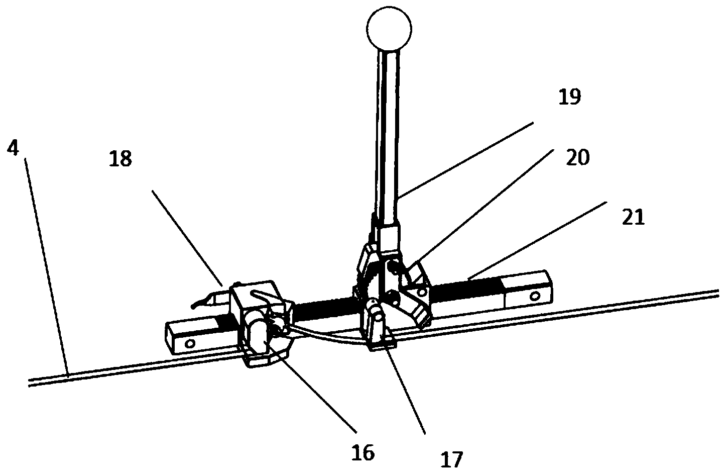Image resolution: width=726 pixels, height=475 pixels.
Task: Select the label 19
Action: pos(569,97)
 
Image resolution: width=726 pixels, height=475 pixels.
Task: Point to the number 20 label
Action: pos(577,157)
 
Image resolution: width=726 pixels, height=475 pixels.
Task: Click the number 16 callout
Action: pos(363,453)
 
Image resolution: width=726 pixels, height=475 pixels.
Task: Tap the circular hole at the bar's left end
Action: pos(190,344)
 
